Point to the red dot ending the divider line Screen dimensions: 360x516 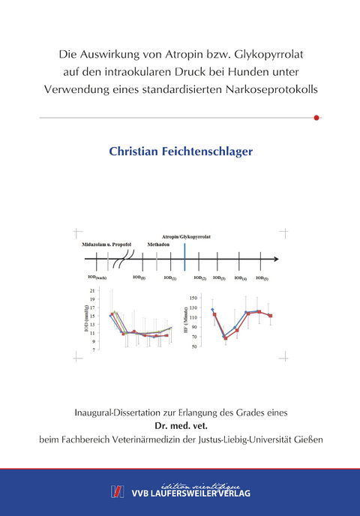click(x=316, y=118)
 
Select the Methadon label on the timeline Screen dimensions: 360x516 click(x=158, y=244)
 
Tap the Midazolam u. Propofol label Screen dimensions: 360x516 click(x=107, y=244)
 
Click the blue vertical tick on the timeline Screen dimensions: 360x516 click(x=184, y=259)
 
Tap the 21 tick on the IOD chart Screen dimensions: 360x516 click(x=92, y=290)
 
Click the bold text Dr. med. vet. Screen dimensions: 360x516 click(x=181, y=425)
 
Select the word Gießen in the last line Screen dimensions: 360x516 click(x=307, y=439)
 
